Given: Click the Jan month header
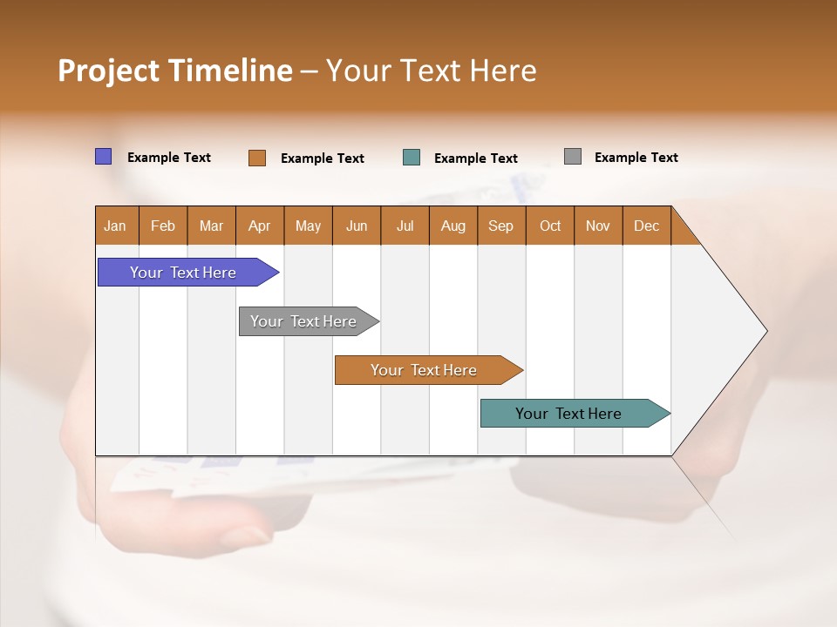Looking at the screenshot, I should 116,226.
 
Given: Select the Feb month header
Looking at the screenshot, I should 163,226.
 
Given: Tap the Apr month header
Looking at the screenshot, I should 260,226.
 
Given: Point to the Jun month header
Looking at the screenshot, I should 357,226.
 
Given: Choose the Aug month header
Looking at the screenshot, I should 453,226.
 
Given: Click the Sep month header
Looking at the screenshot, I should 501,226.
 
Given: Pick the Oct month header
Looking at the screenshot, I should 550,226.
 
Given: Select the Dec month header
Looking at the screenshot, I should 647,226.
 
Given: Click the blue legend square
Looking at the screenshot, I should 104,157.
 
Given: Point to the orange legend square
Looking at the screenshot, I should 257,158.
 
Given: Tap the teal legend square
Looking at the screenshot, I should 412,158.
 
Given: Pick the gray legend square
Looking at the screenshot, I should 573,157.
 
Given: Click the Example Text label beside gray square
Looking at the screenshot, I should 636,158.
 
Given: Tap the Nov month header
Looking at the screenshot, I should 598,226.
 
